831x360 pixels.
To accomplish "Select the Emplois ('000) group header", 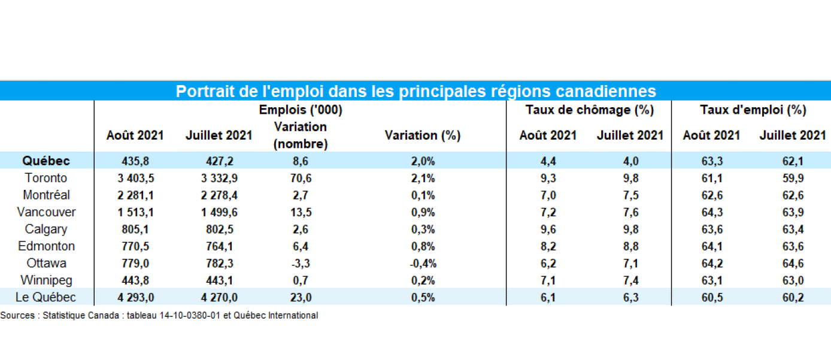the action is click(x=301, y=110).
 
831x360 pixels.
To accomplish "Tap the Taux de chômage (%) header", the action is click(x=590, y=110).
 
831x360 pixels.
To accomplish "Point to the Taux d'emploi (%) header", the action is click(x=753, y=110).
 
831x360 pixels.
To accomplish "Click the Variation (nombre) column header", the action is click(x=301, y=135).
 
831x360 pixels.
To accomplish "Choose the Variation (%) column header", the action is click(x=423, y=135).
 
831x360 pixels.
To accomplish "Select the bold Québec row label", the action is click(x=46, y=161).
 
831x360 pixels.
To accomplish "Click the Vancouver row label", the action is click(x=46, y=212).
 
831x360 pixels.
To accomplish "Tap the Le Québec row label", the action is click(x=46, y=297).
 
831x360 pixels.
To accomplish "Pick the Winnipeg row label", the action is click(x=46, y=280).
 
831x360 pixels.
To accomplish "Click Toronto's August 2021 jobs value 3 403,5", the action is click(x=136, y=178).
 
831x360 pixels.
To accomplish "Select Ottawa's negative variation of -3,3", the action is click(x=301, y=264).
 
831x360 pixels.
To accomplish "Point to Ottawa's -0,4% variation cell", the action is click(x=423, y=264).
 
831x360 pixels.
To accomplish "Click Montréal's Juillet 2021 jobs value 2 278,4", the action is click(x=219, y=195).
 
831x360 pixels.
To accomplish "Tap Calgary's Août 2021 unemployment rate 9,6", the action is click(x=548, y=229).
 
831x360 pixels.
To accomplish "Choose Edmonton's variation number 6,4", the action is click(x=301, y=246).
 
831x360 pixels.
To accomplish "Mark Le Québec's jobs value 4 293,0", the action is click(x=136, y=298).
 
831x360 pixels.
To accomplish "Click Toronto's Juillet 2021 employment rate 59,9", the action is click(x=793, y=178).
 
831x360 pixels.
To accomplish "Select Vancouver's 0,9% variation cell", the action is click(x=423, y=212).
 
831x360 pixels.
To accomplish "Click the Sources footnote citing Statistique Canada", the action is click(x=159, y=316).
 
